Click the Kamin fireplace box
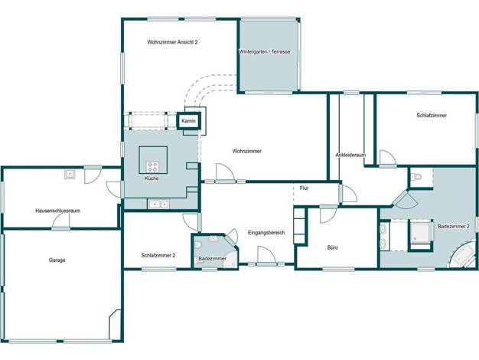pos(188,121)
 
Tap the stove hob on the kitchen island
pos(153,167)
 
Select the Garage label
pos(57,260)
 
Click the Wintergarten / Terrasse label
pos(265,51)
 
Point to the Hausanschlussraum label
pos(57,211)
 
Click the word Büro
pos(333,247)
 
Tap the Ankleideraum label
pos(350,155)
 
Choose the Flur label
pos(304,188)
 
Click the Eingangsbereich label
pos(266,232)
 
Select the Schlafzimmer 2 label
pos(158,255)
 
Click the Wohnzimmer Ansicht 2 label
pos(172,42)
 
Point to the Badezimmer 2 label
pos(454,226)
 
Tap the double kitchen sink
pos(158,204)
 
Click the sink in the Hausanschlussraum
pos(70,174)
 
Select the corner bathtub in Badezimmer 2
pos(463,255)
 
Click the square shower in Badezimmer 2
pos(420,232)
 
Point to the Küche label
pos(152,178)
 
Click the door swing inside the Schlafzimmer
pos(388,158)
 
